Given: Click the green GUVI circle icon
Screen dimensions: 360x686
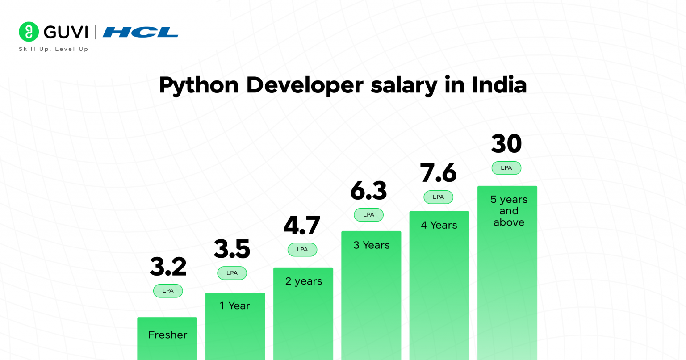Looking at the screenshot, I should click(x=29, y=32).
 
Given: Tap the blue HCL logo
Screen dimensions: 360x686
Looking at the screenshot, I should click(x=140, y=32).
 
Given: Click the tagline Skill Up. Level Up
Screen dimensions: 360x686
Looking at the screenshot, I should click(x=54, y=49).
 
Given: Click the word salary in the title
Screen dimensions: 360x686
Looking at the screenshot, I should click(x=404, y=85).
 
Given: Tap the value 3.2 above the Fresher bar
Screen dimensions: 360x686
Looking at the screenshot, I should click(x=168, y=267).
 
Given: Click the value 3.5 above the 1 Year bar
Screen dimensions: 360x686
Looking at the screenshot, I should click(x=232, y=249).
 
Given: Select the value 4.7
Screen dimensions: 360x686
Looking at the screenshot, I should click(x=302, y=226).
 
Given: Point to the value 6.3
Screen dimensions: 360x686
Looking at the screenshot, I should click(x=368, y=191).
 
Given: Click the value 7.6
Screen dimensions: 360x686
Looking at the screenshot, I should click(x=438, y=173).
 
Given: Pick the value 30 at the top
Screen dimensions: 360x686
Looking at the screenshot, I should click(x=506, y=144).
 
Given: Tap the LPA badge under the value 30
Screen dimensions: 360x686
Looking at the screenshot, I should click(x=506, y=168).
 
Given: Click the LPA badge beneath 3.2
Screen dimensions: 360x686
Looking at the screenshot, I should click(x=168, y=291).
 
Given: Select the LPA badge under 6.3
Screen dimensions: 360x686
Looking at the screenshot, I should click(x=368, y=215).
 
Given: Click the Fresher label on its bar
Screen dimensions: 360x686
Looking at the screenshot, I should click(x=167, y=335).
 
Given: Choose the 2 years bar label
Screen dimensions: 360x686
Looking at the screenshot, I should click(x=304, y=281).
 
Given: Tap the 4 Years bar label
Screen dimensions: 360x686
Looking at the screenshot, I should click(x=439, y=225).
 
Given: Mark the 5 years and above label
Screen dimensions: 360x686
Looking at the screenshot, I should click(x=509, y=211).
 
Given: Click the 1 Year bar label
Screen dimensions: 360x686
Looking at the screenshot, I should click(x=235, y=306).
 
